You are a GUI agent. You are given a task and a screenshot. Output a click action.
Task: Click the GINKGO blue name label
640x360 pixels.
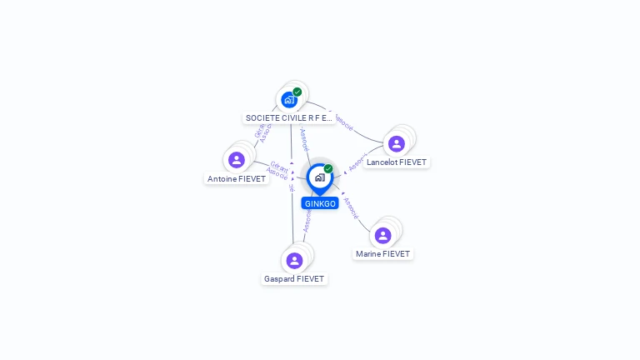tap(320, 203)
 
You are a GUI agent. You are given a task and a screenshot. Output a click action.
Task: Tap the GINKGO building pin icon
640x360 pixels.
tap(319, 177)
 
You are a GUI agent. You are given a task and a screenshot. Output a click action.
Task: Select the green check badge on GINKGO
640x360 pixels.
tap(328, 169)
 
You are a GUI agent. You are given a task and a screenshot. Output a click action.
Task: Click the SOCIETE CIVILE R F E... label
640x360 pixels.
tap(289, 118)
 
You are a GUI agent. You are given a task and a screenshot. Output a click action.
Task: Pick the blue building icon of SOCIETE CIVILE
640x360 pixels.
tap(288, 100)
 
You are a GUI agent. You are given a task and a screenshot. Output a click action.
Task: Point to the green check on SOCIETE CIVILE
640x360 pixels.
tap(297, 92)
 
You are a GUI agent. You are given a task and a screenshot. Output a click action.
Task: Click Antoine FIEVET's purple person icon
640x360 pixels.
tap(237, 159)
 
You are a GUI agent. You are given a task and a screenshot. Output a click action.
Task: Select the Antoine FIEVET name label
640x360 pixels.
tap(237, 179)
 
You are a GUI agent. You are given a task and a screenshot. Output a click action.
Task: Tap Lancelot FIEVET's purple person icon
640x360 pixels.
tap(397, 143)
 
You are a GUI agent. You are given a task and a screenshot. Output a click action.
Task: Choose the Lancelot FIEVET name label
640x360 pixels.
tap(397, 162)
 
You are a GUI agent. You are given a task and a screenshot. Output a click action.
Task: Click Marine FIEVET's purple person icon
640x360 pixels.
tap(382, 235)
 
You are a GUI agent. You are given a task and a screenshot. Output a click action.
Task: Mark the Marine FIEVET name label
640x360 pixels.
tap(382, 254)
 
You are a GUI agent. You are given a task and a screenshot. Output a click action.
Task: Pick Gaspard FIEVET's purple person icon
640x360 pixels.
tap(294, 260)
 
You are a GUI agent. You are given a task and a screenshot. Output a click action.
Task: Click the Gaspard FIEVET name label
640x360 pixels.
tap(294, 279)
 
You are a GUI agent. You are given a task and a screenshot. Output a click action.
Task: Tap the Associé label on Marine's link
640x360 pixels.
tap(352, 208)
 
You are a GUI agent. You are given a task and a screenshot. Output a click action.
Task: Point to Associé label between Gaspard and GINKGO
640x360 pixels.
tap(307, 219)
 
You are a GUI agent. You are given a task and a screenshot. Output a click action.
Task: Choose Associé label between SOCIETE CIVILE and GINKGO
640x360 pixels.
tap(304, 139)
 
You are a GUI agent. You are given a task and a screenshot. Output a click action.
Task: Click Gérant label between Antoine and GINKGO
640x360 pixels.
tap(279, 167)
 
